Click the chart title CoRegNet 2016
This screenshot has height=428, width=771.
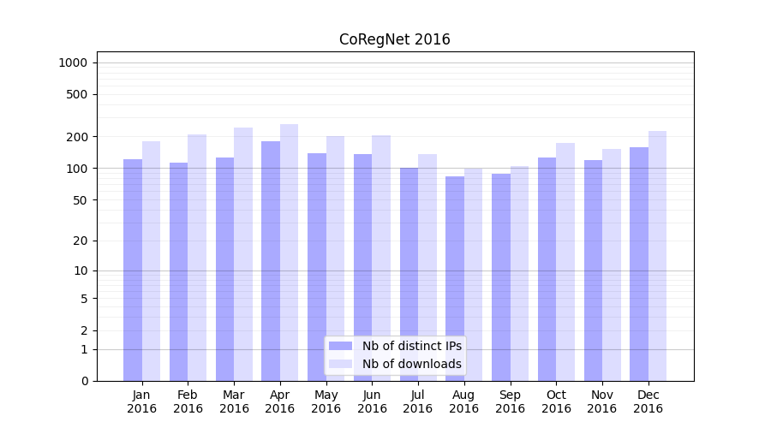(394, 39)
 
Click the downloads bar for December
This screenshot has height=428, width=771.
(657, 256)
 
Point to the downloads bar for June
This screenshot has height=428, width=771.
(381, 258)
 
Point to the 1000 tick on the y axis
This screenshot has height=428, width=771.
(73, 62)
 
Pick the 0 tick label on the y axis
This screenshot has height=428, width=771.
(84, 381)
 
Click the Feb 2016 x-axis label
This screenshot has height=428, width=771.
(188, 401)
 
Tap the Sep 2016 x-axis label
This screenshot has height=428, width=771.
(510, 401)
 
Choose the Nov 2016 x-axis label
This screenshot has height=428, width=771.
(602, 401)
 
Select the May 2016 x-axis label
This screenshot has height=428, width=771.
(326, 401)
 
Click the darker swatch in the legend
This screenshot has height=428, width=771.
(341, 346)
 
